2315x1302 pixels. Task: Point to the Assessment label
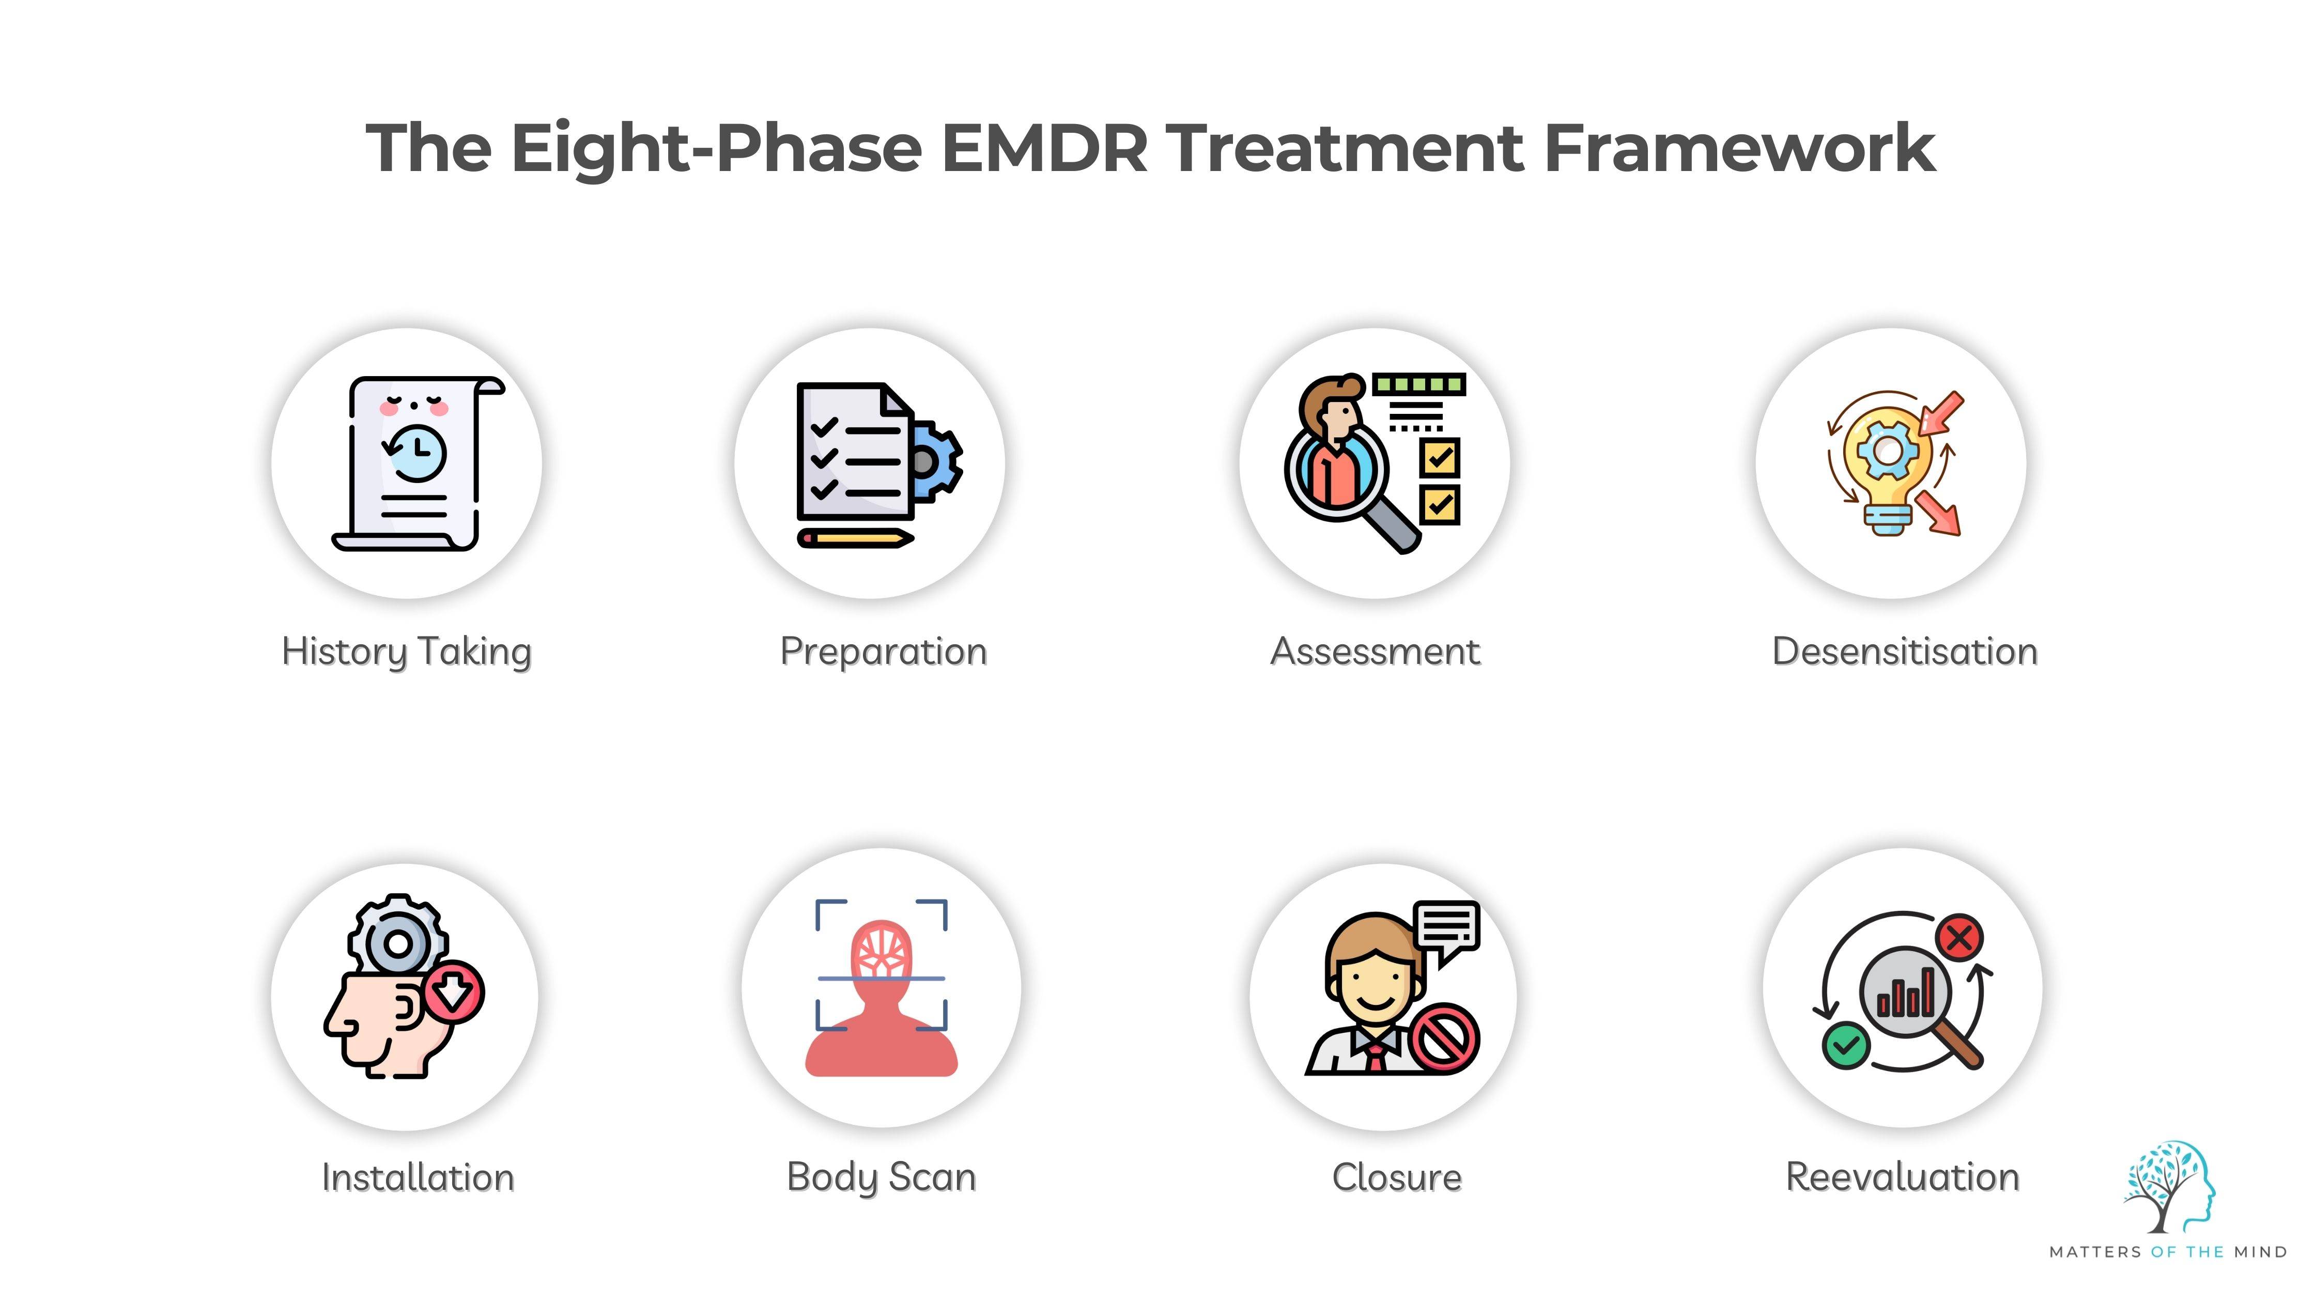(x=1375, y=652)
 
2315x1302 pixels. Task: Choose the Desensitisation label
(x=1904, y=652)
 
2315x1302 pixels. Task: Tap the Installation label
(x=418, y=1177)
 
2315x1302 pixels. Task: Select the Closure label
(x=1397, y=1177)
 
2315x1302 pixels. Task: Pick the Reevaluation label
(x=1903, y=1177)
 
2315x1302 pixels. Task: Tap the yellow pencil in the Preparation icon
(x=856, y=538)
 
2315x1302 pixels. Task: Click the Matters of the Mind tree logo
(x=2169, y=1187)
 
